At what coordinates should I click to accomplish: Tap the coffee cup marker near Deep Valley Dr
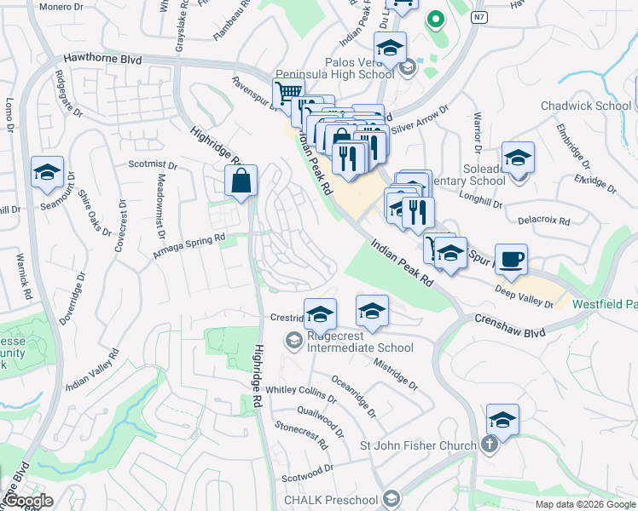pyautogui.click(x=511, y=260)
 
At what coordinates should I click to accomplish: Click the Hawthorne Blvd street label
pyautogui.click(x=102, y=60)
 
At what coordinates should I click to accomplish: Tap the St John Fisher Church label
pyautogui.click(x=418, y=445)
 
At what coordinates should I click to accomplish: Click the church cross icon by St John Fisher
pyautogui.click(x=490, y=444)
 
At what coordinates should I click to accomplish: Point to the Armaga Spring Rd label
pyautogui.click(x=189, y=247)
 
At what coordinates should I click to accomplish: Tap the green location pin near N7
pyautogui.click(x=435, y=19)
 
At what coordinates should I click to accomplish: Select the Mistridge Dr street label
pyautogui.click(x=396, y=373)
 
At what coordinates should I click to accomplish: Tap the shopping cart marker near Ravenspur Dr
pyautogui.click(x=287, y=92)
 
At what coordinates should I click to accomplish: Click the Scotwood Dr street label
pyautogui.click(x=308, y=471)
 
